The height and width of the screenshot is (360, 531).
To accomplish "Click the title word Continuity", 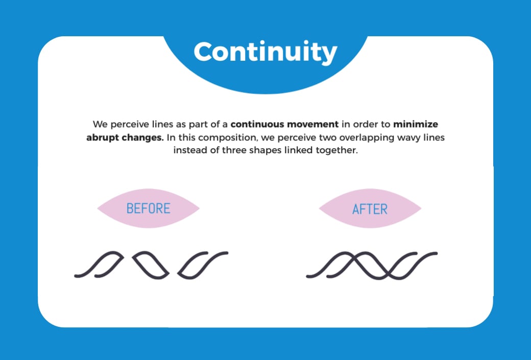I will (x=265, y=52).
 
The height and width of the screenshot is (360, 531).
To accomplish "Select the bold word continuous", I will (x=257, y=124).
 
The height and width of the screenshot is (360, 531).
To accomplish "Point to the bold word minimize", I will (x=416, y=124).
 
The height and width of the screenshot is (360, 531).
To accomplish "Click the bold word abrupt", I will (x=104, y=138).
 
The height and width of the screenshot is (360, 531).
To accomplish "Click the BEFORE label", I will (x=148, y=208).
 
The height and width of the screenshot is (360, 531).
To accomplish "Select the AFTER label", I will (x=370, y=209).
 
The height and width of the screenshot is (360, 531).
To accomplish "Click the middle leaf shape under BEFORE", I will (x=151, y=265).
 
